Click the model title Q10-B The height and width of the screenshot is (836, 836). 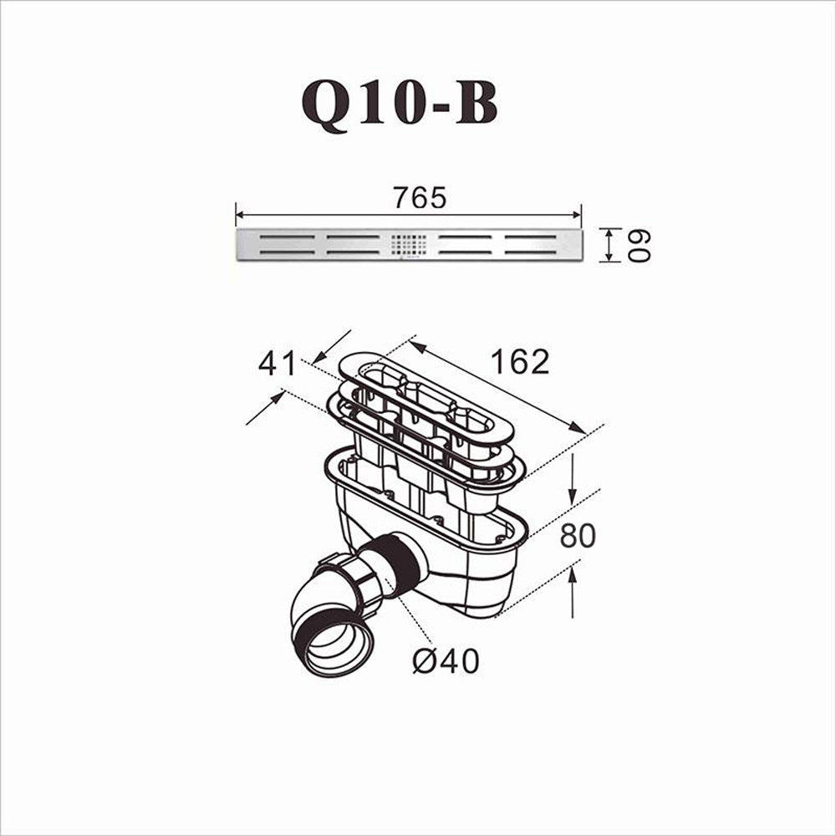point(400,103)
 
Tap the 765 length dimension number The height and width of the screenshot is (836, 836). point(421,198)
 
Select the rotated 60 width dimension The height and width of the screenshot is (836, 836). point(639,245)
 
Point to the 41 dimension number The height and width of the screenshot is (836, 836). point(277,364)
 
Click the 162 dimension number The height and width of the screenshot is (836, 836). point(519,361)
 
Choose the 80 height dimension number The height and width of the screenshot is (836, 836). point(578,536)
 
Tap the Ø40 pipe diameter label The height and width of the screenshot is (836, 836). point(446,661)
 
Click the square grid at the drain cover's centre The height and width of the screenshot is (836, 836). point(409,244)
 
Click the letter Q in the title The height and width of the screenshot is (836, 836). point(327,104)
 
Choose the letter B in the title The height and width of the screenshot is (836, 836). point(477,103)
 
